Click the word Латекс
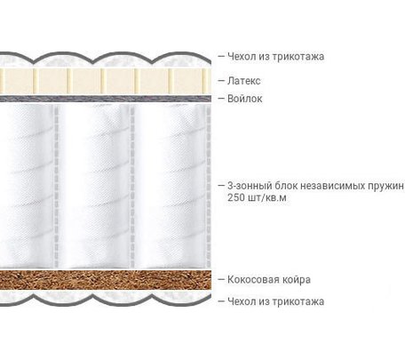tap(244, 81)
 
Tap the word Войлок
tap(245, 99)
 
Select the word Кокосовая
tap(254, 279)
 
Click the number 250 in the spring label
tap(236, 197)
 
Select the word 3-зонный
tap(250, 186)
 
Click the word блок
tap(285, 186)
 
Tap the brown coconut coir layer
tap(106, 279)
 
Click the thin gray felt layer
tap(106, 99)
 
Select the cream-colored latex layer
tap(106, 82)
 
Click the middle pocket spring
tap(94, 186)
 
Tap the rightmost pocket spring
tap(171, 186)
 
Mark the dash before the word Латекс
tap(221, 81)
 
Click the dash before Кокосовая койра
tap(221, 279)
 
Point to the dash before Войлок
tap(221, 99)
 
